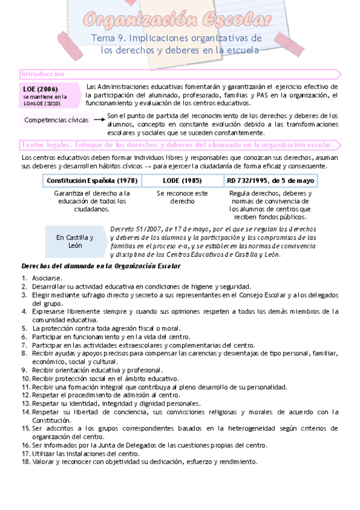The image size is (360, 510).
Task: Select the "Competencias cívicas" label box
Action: [x=56, y=120]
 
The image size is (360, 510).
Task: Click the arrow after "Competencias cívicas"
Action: [x=99, y=120]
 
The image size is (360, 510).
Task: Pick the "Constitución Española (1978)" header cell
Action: [x=92, y=180]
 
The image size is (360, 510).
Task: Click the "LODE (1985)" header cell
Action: [x=182, y=180]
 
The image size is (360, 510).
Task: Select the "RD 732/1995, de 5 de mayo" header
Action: [x=270, y=180]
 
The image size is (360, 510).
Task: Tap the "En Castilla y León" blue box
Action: [x=75, y=241]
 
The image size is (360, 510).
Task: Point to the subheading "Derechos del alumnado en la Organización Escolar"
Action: [x=97, y=265]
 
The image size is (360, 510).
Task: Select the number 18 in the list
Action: [x=25, y=462]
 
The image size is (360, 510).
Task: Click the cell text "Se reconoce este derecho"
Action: [x=182, y=197]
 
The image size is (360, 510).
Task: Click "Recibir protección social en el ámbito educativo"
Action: [x=106, y=378]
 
